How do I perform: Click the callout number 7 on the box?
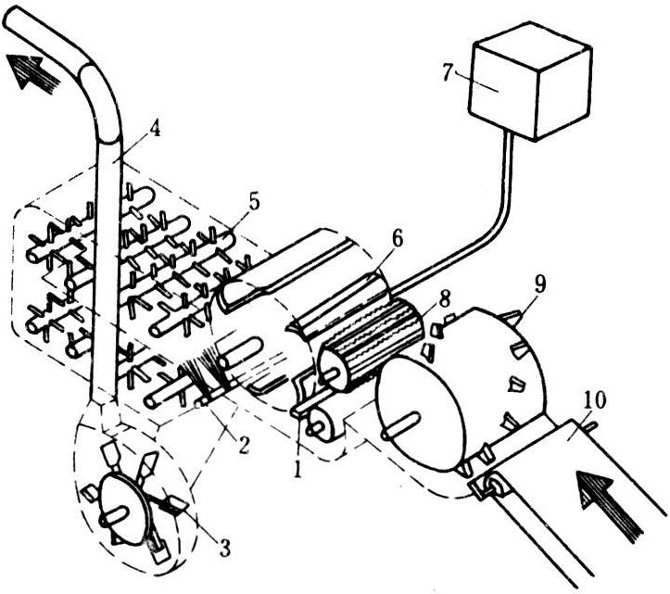point(447,72)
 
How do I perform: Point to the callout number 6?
point(397,240)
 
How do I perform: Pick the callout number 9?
point(539,285)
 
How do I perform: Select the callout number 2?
point(243,445)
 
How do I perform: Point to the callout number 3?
point(225,548)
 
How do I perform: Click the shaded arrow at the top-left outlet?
point(32,71)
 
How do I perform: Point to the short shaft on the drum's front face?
point(400,425)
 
